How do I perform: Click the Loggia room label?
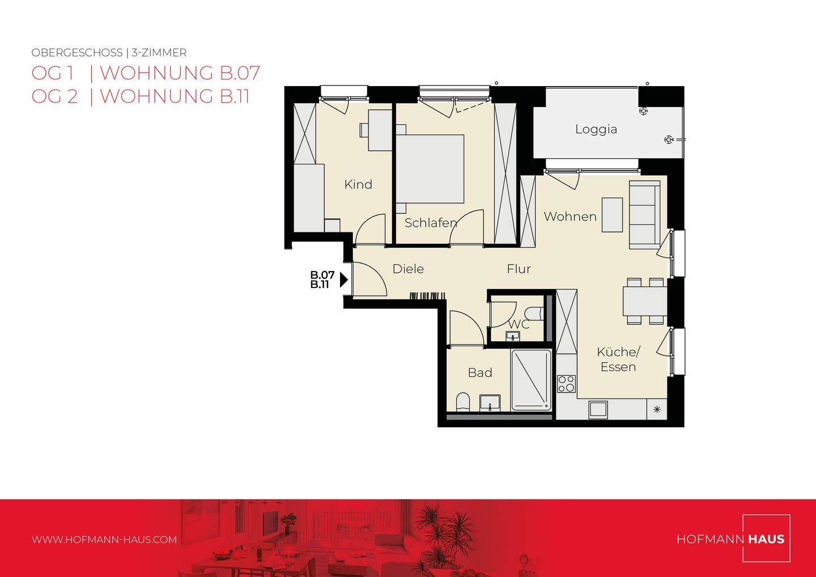(596, 129)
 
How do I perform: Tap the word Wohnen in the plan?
(569, 217)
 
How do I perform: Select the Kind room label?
(358, 184)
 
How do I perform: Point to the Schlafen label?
(430, 223)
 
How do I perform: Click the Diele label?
(408, 269)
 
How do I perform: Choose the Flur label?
(518, 269)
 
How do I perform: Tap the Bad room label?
(479, 372)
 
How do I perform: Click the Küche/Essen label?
(618, 359)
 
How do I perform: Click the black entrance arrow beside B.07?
(343, 279)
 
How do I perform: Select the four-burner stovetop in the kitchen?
(566, 384)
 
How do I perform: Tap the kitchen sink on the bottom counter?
(598, 409)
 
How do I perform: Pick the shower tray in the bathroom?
(531, 379)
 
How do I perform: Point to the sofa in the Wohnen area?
(644, 215)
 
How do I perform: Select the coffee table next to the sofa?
(611, 214)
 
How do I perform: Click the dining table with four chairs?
(644, 302)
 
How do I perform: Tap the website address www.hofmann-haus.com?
(104, 540)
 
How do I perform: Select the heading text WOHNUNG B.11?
(175, 96)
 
